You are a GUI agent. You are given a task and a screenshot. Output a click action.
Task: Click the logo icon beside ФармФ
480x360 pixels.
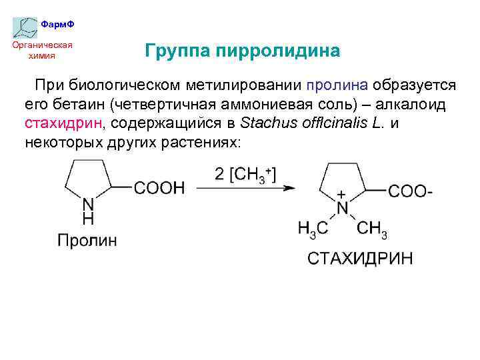click(x=25, y=26)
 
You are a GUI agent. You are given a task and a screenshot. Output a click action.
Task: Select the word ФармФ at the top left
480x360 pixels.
click(x=57, y=24)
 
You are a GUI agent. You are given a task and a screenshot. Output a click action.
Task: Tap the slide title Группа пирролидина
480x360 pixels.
click(x=242, y=51)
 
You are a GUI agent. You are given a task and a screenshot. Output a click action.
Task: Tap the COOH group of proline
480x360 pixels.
click(x=160, y=188)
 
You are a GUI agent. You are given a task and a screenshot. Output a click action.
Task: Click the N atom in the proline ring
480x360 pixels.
click(x=87, y=205)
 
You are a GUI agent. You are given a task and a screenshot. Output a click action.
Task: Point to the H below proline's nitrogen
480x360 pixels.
click(x=87, y=219)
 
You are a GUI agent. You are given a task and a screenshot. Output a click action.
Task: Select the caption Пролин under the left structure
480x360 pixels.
click(x=87, y=241)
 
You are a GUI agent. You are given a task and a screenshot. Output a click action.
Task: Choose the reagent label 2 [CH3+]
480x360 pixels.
click(x=245, y=174)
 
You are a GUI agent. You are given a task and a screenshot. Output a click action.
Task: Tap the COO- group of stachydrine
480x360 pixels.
click(x=410, y=191)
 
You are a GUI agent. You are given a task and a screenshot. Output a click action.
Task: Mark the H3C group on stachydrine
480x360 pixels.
click(x=313, y=229)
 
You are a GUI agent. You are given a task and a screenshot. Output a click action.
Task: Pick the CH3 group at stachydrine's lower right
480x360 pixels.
click(x=371, y=229)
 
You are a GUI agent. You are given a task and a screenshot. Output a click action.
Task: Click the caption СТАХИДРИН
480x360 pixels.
click(x=360, y=258)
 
